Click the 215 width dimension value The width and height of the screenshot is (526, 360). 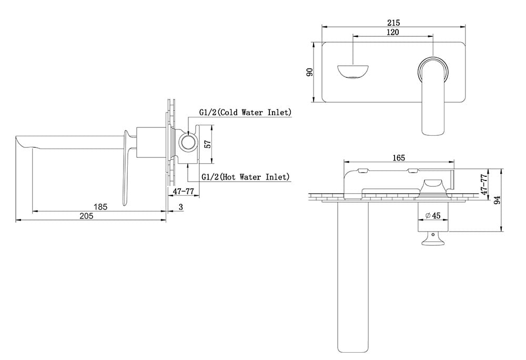[393, 23]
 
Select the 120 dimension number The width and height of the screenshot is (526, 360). [393, 32]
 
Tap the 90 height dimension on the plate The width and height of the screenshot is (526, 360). [310, 72]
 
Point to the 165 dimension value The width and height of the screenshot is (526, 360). [399, 158]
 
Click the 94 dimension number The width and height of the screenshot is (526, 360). [498, 200]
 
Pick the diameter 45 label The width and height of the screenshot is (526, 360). [433, 215]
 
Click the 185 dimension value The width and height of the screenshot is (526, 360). [100, 207]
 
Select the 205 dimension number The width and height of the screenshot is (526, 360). [86, 216]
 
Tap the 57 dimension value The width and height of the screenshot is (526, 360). [208, 144]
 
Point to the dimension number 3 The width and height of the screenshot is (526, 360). [181, 207]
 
